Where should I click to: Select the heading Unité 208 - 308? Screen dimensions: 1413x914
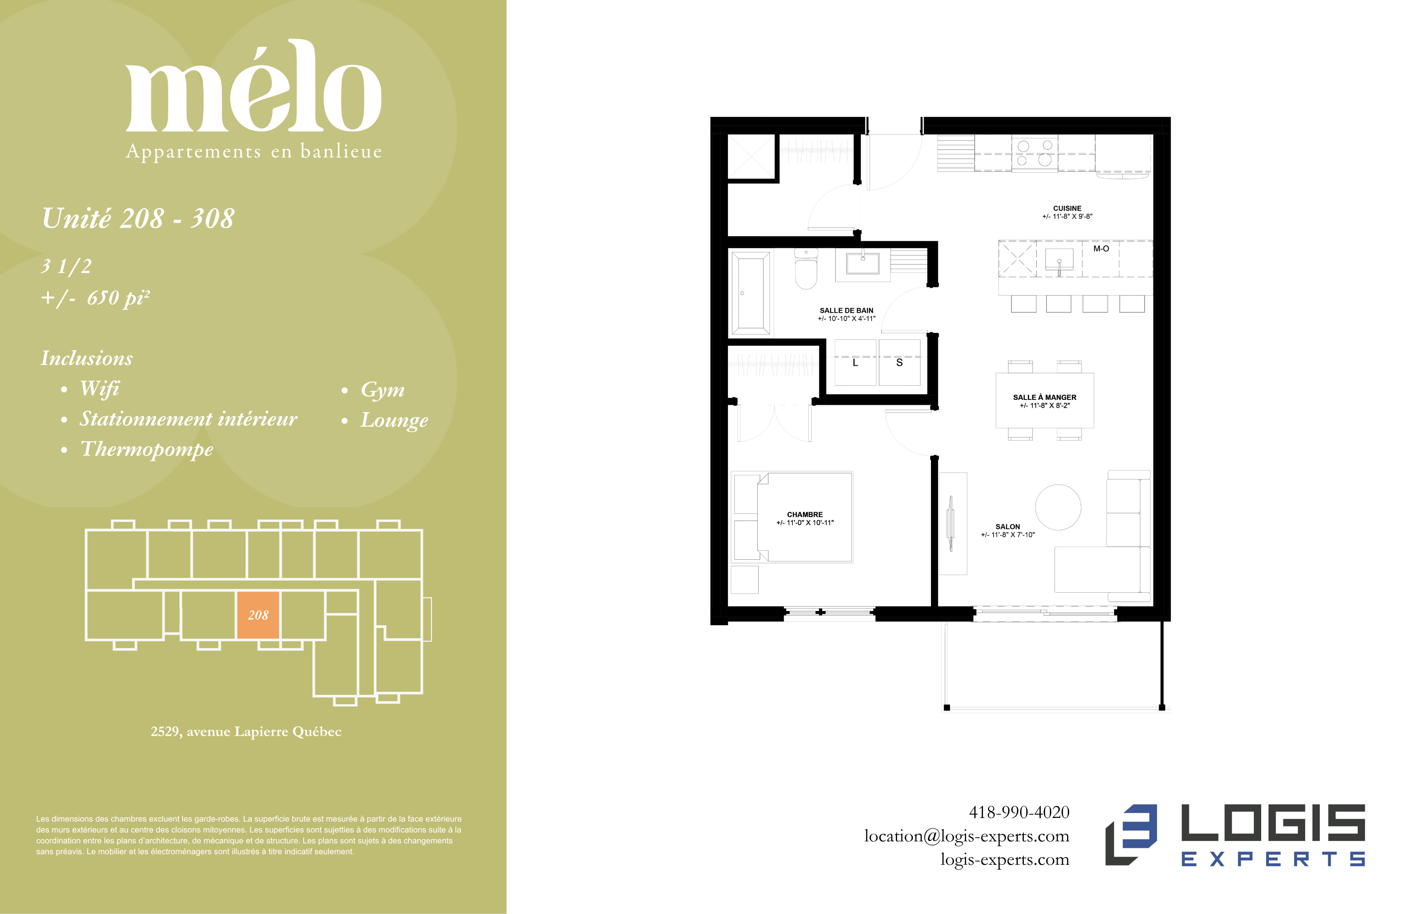(x=138, y=218)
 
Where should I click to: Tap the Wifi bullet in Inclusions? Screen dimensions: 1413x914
(x=100, y=389)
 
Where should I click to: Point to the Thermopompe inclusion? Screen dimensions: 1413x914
(x=147, y=449)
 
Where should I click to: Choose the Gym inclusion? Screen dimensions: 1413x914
(x=383, y=390)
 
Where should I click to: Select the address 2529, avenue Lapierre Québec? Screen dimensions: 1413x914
(x=246, y=731)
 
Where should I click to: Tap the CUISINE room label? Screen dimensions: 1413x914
(x=1067, y=208)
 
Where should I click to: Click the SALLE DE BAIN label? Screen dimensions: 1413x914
(x=847, y=310)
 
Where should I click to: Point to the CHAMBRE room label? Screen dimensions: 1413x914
(x=805, y=515)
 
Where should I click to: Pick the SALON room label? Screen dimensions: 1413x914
(x=1008, y=527)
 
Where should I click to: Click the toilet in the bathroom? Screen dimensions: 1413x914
(x=806, y=269)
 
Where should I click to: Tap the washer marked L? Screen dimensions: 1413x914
(x=855, y=363)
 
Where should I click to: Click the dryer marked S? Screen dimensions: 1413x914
(x=899, y=363)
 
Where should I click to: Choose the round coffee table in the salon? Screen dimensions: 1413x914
(x=1058, y=507)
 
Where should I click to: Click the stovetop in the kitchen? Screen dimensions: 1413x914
(x=1035, y=153)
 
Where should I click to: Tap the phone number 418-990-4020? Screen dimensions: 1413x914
(x=1019, y=812)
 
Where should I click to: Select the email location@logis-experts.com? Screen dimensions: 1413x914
(x=966, y=836)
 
